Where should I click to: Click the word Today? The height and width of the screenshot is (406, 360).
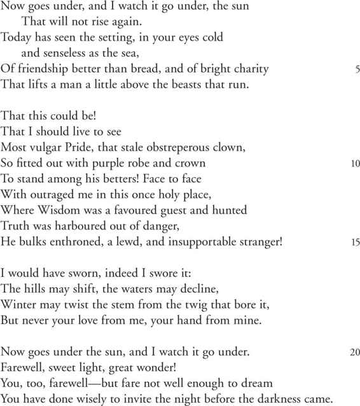tap(17, 37)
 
